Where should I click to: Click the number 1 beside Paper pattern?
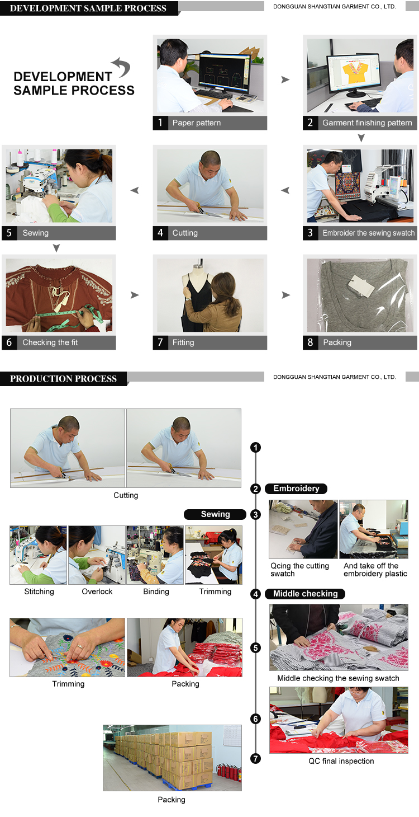tap(160, 123)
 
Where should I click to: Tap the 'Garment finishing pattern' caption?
tap(367, 123)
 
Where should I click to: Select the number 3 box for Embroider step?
tap(310, 233)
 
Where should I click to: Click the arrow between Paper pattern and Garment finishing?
tap(285, 79)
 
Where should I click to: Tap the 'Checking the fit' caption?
tap(50, 342)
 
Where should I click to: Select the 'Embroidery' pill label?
tap(296, 489)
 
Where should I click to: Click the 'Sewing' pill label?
tap(215, 514)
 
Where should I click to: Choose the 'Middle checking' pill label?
tap(305, 594)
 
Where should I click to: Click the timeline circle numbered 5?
tap(255, 648)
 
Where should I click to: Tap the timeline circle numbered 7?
tap(255, 759)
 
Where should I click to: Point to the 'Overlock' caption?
tap(97, 591)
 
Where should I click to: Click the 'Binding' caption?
tap(156, 591)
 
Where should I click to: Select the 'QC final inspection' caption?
tap(341, 761)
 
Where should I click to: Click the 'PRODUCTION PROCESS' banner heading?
tap(63, 379)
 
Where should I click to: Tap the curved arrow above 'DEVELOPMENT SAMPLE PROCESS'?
tap(121, 67)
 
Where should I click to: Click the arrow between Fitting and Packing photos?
tap(286, 295)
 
